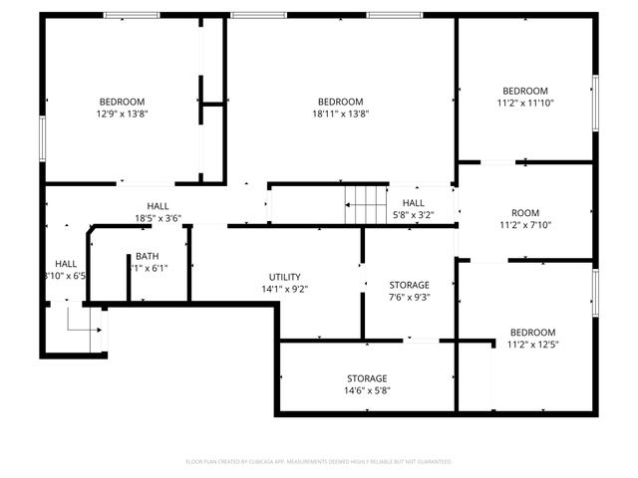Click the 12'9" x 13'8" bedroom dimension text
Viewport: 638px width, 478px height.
(122, 114)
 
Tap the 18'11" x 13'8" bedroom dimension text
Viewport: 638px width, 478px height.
(341, 114)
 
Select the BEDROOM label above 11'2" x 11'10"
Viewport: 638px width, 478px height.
(524, 91)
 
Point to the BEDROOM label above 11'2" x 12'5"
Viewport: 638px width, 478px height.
(532, 333)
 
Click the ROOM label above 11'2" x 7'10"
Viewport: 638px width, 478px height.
(524, 213)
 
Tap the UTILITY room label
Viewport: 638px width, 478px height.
(284, 278)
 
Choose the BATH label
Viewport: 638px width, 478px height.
(147, 256)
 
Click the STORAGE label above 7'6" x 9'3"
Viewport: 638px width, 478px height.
(409, 285)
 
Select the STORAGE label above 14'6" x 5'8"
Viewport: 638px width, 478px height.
(367, 378)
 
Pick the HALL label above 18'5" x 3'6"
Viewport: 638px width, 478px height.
(158, 206)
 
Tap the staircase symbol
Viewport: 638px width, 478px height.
(365, 205)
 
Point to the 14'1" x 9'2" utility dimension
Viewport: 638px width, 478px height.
(284, 290)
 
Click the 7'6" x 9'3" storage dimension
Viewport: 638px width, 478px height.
(409, 297)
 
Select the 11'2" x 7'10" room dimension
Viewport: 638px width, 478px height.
(524, 225)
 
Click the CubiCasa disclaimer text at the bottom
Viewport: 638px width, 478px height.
(319, 462)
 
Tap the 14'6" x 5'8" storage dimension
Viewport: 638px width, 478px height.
(367, 390)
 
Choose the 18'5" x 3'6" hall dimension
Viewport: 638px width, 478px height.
(158, 218)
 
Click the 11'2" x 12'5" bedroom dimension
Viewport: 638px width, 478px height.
(532, 345)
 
